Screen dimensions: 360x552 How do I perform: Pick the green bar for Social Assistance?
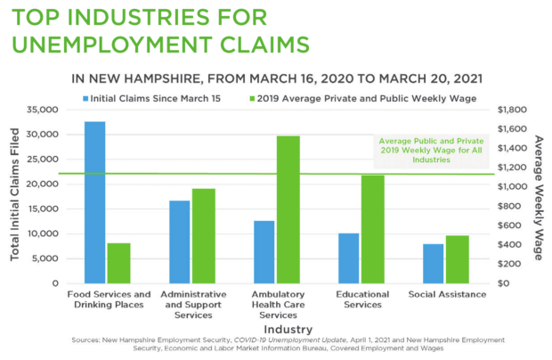pos(457,259)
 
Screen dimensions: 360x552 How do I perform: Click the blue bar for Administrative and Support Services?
pos(180,241)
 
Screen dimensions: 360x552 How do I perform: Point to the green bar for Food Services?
pos(118,263)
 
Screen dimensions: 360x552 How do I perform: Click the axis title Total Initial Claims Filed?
pos(14,196)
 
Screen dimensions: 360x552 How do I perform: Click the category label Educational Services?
pos(360,299)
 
